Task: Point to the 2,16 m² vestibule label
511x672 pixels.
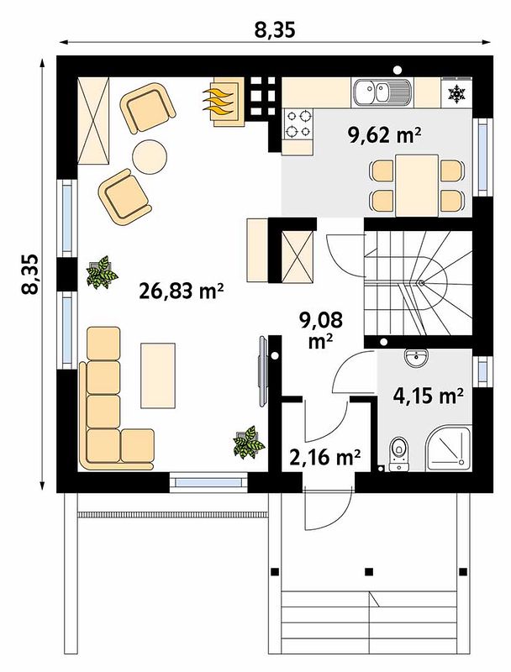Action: [324, 457]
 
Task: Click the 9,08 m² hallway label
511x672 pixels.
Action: [322, 330]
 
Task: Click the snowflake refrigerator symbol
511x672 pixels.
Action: [456, 93]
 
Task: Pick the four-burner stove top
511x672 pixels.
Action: [298, 123]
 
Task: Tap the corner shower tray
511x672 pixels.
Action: [449, 450]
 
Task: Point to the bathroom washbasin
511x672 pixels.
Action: [415, 359]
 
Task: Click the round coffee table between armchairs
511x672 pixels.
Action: [150, 157]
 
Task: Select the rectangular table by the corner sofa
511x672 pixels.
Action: [158, 375]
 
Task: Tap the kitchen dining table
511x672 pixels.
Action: [417, 186]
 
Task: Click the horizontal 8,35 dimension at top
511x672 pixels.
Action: [275, 30]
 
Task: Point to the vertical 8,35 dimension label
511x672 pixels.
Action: [30, 275]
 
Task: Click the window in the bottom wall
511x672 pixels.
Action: [208, 482]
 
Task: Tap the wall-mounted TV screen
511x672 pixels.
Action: [263, 370]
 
